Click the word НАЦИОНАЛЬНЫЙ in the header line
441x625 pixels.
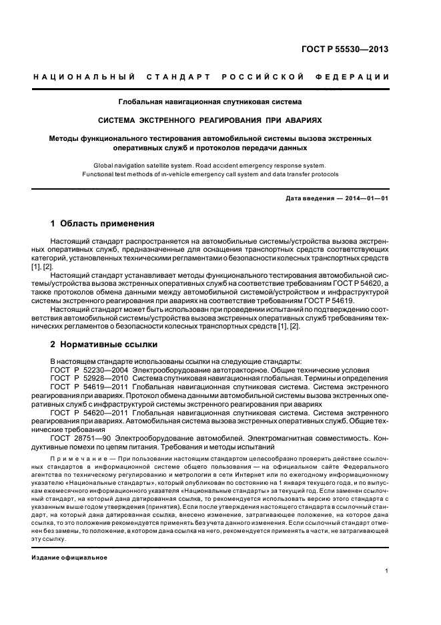[x=85, y=78]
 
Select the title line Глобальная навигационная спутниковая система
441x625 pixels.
[x=210, y=102]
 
